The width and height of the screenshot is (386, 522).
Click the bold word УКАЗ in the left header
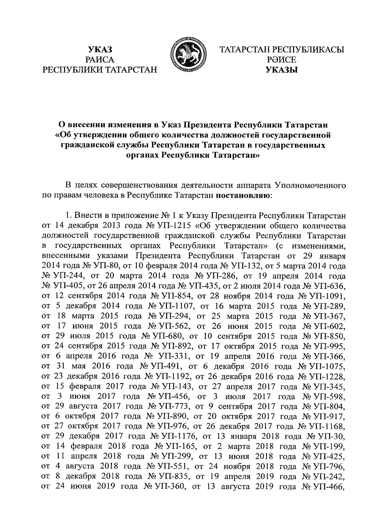tap(100, 50)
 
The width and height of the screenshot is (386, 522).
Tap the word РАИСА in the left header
tap(100, 60)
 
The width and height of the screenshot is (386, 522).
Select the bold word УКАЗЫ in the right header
tap(281, 70)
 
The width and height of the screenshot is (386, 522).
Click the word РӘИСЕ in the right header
tap(281, 60)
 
